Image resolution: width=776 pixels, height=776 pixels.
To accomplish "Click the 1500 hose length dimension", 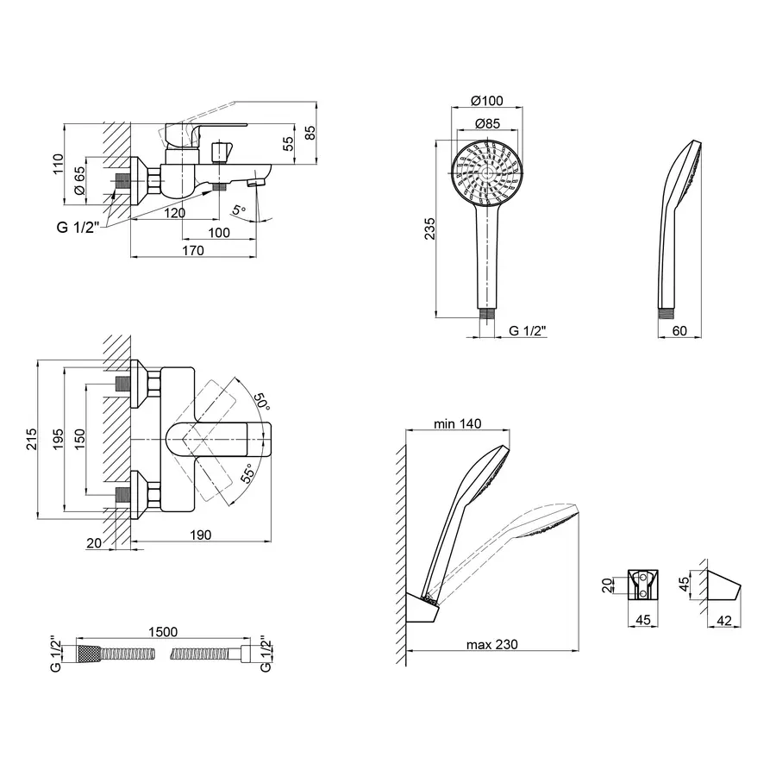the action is pyautogui.click(x=163, y=632).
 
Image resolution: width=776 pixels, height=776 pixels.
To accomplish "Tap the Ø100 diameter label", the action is pyautogui.click(x=487, y=101).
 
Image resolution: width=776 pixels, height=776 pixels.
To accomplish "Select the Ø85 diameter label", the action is pyautogui.click(x=487, y=123).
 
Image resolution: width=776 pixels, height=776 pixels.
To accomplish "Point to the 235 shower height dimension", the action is pyautogui.click(x=429, y=228).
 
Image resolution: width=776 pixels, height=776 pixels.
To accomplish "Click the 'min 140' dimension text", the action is pyautogui.click(x=457, y=423).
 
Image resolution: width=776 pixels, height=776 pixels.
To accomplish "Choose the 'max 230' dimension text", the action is pyautogui.click(x=492, y=644).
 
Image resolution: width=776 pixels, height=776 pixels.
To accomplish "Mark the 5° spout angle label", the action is pyautogui.click(x=239, y=210).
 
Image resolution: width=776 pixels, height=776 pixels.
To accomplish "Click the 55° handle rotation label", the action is pyautogui.click(x=248, y=473).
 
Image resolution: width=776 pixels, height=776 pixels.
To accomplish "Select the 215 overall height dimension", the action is pyautogui.click(x=31, y=440).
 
